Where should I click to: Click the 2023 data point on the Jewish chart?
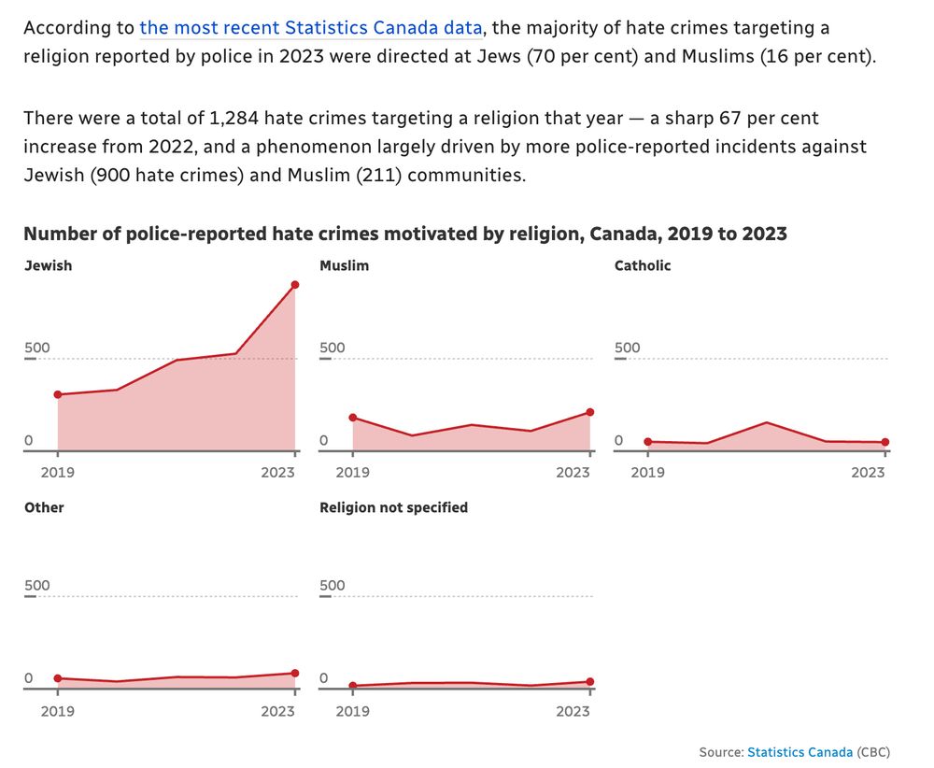pos(295,284)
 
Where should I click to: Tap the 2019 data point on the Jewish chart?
pos(58,394)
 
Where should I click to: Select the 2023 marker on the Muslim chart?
pos(590,412)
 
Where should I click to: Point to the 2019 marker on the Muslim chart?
pos(353,418)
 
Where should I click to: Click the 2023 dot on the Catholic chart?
pos(885,442)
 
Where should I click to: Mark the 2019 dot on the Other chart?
pos(58,678)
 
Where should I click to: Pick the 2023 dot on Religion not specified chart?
pos(590,681)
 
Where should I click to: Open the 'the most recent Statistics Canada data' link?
pos(312,28)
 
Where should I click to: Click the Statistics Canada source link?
pos(800,752)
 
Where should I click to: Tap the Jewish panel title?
pos(48,265)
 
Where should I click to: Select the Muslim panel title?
pos(344,265)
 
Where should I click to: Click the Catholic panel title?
pos(643,265)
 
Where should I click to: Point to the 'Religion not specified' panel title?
pos(393,507)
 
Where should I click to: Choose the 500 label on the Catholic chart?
pos(628,348)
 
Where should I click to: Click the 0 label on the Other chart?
pos(29,678)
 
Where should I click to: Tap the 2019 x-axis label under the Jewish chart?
pos(58,472)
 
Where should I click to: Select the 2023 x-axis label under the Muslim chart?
pos(573,472)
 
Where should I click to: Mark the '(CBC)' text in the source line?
pos(873,752)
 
